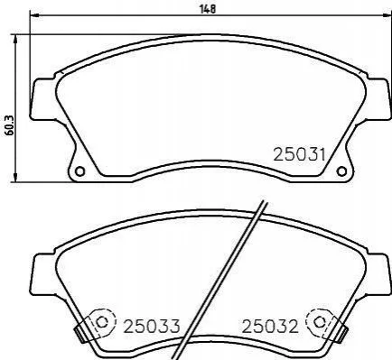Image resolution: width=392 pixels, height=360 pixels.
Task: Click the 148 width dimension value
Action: pos(208,8)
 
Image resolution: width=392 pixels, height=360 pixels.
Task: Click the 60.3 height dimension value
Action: pos(9,125)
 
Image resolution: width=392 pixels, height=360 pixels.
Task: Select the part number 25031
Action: pos(299,155)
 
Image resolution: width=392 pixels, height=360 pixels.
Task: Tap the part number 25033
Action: pos(152,326)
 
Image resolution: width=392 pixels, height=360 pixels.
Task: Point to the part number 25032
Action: pos(270,326)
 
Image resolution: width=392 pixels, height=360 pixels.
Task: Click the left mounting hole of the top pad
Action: pos(79,171)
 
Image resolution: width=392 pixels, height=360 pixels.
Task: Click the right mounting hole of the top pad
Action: pos(341,171)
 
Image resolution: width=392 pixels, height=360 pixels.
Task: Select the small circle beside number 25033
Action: pos(102,322)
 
